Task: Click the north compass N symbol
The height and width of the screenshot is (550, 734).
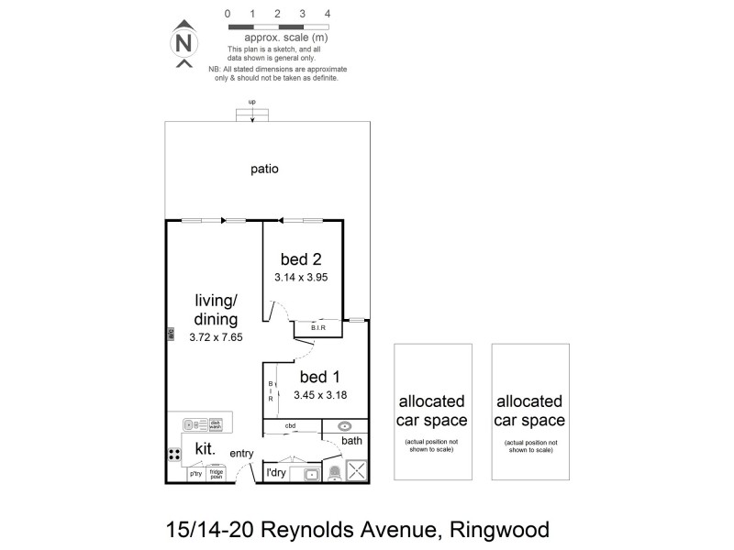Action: [x=184, y=43]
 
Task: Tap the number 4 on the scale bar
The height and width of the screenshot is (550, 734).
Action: [x=328, y=15]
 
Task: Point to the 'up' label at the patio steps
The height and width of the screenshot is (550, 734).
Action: [x=251, y=102]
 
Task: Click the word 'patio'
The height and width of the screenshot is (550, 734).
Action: [x=264, y=169]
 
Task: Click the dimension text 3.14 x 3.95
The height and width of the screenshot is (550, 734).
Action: [x=301, y=276]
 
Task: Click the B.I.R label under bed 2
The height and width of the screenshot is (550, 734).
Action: [x=319, y=327]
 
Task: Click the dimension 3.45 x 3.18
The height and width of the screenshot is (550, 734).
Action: [x=319, y=395]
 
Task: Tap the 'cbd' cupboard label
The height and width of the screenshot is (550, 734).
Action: [x=290, y=425]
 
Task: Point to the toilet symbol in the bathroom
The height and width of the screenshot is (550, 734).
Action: [x=334, y=472]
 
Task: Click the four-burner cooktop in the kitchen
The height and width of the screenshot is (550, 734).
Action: [x=174, y=455]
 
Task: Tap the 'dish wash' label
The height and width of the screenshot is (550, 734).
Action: [x=216, y=424]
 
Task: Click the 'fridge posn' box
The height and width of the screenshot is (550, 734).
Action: [x=217, y=474]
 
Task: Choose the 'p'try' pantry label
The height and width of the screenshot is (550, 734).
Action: [x=195, y=475]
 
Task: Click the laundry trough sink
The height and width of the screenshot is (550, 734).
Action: [x=311, y=473]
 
